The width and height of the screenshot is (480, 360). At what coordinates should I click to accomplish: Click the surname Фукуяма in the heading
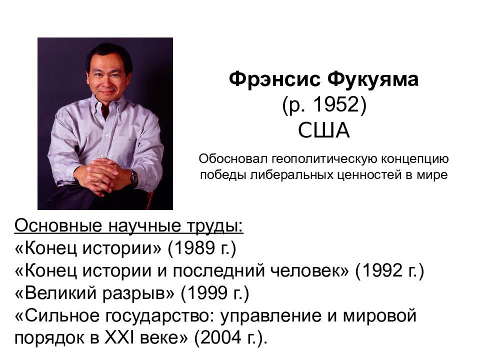372,79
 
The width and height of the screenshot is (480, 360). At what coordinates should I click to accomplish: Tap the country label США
323,130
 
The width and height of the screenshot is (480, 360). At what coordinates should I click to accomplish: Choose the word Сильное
62,315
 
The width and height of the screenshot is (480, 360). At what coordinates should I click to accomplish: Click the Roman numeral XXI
119,337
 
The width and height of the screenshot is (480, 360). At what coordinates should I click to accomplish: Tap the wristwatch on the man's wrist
134,178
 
